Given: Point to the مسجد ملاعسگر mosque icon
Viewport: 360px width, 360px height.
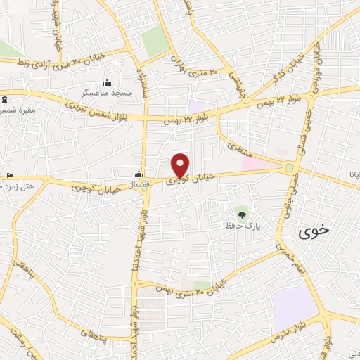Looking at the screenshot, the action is pyautogui.click(x=107, y=82).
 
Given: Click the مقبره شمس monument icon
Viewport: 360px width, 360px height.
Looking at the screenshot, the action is pyautogui.click(x=4, y=101).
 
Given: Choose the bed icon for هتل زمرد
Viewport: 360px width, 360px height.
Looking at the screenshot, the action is pyautogui.click(x=9, y=174).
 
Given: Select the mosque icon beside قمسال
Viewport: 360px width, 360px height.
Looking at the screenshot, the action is pyautogui.click(x=139, y=173).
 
